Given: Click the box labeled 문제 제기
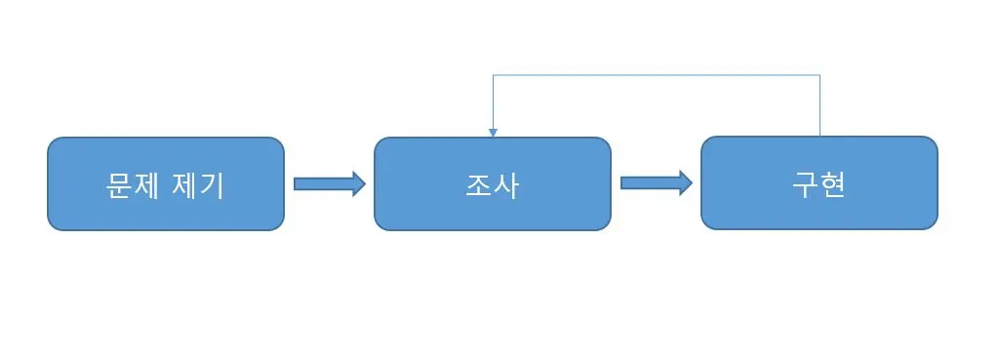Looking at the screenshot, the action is tap(166, 183).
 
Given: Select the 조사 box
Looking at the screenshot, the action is tap(492, 183).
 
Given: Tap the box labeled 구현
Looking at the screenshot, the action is tap(819, 183).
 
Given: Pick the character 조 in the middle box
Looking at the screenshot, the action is tap(478, 186).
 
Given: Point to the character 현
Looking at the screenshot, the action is tap(833, 185).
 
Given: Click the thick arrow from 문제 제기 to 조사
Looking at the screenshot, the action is tap(330, 183).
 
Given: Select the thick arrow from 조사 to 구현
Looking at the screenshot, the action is tap(657, 183).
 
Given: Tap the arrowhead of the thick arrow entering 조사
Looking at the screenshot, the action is tap(358, 183).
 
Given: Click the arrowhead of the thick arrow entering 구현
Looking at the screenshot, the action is tap(685, 183).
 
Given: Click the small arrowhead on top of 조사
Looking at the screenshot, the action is tap(493, 133).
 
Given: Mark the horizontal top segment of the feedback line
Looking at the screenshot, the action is tap(657, 75).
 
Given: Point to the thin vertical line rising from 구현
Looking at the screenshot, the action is tap(819, 105).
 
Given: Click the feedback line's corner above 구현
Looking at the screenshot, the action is tap(819, 75).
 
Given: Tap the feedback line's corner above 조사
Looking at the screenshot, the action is tap(493, 75).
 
